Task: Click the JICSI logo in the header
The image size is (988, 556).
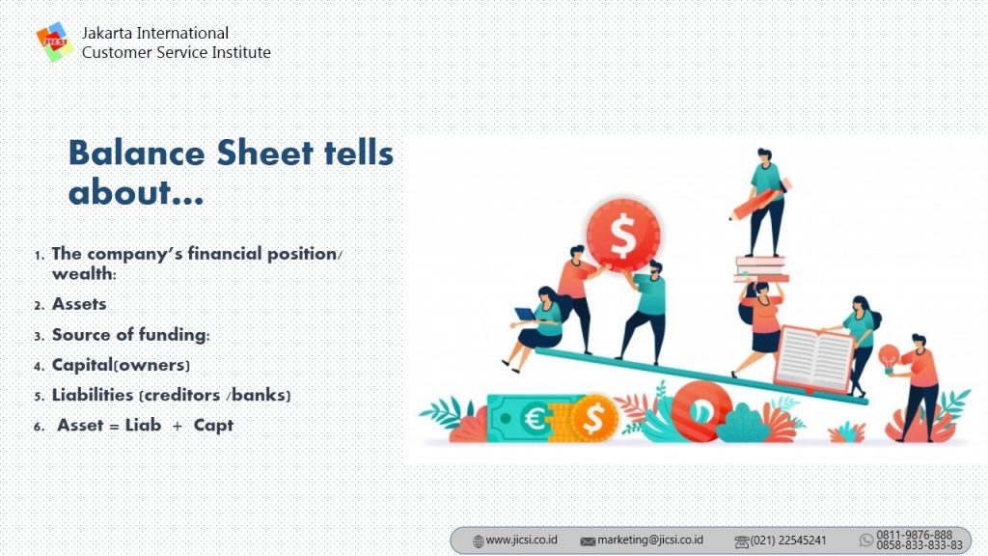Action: [x=54, y=42]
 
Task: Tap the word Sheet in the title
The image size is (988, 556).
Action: [x=264, y=153]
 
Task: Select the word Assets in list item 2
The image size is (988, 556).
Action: [x=79, y=304]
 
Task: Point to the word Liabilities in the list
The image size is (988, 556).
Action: [x=93, y=395]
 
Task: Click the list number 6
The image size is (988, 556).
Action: [x=39, y=427]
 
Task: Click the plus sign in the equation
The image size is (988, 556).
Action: [x=178, y=427]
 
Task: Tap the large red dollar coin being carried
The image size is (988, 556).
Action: [x=622, y=236]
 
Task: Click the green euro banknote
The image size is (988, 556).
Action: [x=523, y=418]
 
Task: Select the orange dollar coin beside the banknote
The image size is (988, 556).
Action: [x=593, y=418]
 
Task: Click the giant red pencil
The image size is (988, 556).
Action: [x=760, y=200]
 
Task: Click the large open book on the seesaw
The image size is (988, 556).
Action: [x=814, y=359]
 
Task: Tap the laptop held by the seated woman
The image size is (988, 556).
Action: [x=525, y=314]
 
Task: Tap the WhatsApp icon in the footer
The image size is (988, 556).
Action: [x=866, y=541]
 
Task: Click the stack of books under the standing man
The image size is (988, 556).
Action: [x=761, y=269]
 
